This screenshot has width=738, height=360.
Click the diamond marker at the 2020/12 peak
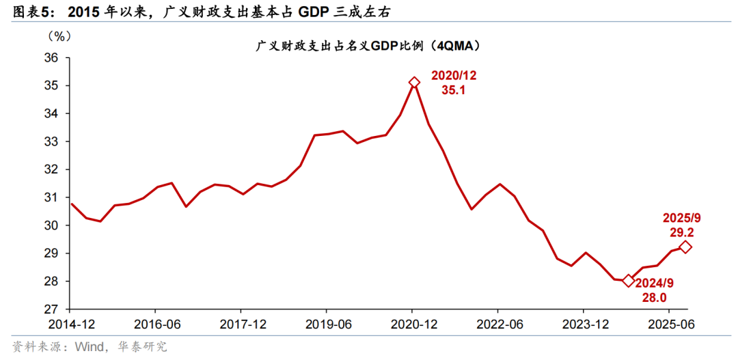pyautogui.click(x=413, y=83)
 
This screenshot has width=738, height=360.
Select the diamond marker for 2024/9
pyautogui.click(x=629, y=280)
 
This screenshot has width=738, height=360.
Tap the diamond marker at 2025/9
pyautogui.click(x=685, y=247)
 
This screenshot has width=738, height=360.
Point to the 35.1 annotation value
pyautogui.click(x=452, y=89)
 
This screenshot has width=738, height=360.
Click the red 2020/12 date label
pyautogui.click(x=452, y=74)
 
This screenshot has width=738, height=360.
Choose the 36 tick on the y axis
pyautogui.click(x=53, y=58)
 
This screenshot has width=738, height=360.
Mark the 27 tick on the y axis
pyautogui.click(x=53, y=309)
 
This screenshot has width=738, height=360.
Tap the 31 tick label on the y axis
pyautogui.click(x=53, y=197)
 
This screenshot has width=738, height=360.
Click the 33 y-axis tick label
pyautogui.click(x=53, y=141)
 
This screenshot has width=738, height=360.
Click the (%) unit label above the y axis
pyautogui.click(x=59, y=35)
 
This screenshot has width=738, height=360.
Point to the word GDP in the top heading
pyautogui.click(x=333, y=12)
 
